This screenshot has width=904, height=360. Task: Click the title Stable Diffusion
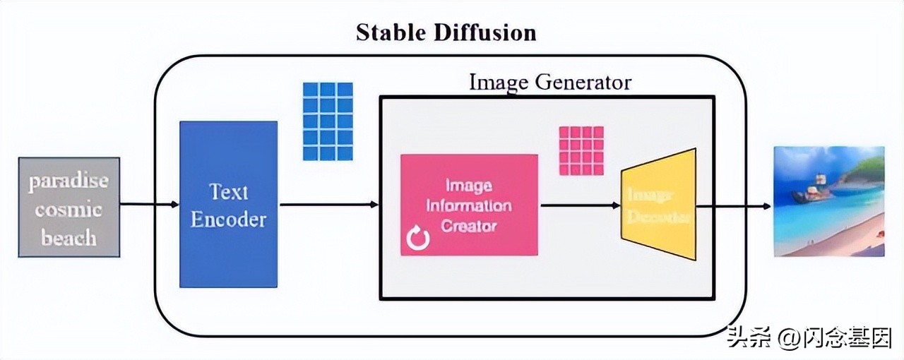point(446,32)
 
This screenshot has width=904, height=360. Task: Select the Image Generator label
point(549,83)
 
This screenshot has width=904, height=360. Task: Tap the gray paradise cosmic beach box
point(69,207)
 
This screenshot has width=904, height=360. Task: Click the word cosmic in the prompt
point(69,210)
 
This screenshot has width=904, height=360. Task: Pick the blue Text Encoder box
point(228,204)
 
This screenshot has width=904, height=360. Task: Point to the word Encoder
point(228,220)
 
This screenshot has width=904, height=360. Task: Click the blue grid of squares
point(327,121)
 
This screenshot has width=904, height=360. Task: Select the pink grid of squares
point(581,150)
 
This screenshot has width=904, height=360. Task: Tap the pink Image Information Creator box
point(469,205)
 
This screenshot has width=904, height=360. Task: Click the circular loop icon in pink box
point(417,240)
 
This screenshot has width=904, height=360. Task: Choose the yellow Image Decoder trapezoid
point(658,205)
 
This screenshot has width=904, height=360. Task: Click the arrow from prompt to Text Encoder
point(149,205)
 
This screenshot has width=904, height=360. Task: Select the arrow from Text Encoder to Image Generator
point(329,205)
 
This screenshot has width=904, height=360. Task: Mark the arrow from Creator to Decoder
point(579,205)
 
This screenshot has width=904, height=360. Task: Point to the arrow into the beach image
point(734,206)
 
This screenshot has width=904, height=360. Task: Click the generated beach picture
point(829,201)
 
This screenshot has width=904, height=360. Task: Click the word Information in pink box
point(469,206)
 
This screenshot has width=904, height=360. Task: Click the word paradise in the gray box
point(69,181)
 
